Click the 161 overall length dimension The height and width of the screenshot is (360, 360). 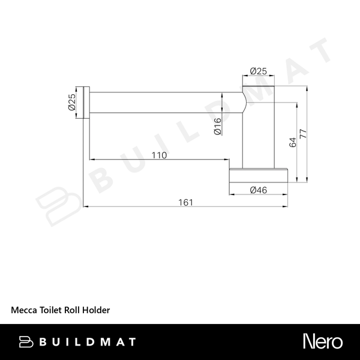[x=186, y=203]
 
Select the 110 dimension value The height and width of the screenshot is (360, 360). [x=159, y=155]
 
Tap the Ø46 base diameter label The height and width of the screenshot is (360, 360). [x=258, y=190]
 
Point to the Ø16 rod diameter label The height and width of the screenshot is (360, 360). [x=217, y=126]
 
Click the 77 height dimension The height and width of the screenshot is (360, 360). [x=303, y=134]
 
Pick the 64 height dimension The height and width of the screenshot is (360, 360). [x=293, y=142]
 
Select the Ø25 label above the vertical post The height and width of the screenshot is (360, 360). [x=258, y=71]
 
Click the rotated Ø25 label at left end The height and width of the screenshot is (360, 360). [x=72, y=102]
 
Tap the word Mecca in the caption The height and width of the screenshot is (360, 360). [x=24, y=310]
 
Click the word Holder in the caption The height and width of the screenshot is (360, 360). [x=96, y=310]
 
